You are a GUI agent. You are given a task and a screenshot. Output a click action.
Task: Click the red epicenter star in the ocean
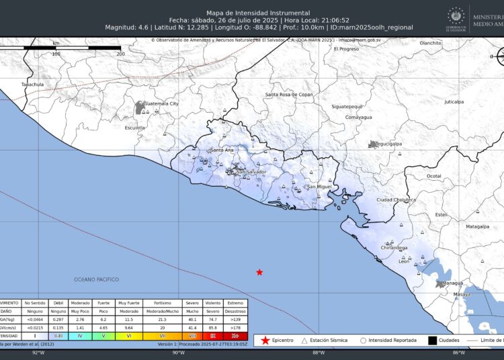click(259, 272)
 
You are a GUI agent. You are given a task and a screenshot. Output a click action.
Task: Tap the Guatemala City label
click(162, 104)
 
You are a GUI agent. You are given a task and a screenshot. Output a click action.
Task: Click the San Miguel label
click(319, 186)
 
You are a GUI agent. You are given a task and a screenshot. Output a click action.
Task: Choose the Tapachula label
click(32, 85)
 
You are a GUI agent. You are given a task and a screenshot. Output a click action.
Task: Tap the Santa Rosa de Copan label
click(289, 95)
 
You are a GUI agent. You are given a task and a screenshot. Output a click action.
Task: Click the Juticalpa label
click(454, 102)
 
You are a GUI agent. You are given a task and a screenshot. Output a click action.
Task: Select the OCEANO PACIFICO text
click(97, 279)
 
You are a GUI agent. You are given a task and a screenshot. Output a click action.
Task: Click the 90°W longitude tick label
click(178, 353)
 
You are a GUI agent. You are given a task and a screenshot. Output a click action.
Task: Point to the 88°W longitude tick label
click(319, 353)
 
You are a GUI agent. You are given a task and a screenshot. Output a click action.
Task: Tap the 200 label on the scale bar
click(120, 53)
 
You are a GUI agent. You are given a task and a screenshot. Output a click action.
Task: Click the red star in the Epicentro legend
click(266, 341)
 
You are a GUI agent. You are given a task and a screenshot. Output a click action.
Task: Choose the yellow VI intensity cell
click(129, 335)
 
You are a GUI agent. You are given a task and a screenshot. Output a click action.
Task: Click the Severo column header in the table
click(192, 303)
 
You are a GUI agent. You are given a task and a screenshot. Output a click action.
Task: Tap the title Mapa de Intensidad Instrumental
click(259, 13)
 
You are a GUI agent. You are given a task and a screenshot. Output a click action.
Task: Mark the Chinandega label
click(394, 248)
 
